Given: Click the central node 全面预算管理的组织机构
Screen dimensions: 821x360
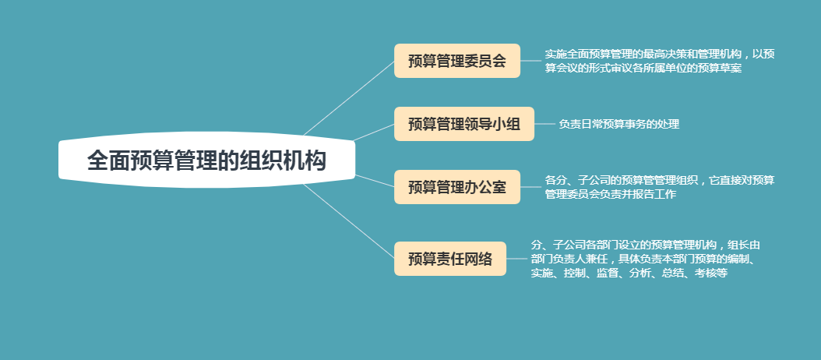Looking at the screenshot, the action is pyautogui.click(x=207, y=160).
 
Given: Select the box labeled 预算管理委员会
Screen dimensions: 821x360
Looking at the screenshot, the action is pyautogui.click(x=457, y=61).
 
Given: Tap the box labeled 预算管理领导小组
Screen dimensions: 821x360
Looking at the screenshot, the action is pyautogui.click(x=464, y=124).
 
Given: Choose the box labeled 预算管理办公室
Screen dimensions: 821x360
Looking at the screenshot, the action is pyautogui.click(x=457, y=187).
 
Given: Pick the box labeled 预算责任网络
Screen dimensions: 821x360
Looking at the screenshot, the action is pyautogui.click(x=450, y=259).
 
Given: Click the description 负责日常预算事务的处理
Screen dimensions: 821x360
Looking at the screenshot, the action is pyautogui.click(x=619, y=124).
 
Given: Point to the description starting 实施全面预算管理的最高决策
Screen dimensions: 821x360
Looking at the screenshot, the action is pyautogui.click(x=659, y=61).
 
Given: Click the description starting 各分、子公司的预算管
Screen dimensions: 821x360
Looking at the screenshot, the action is pyautogui.click(x=659, y=187).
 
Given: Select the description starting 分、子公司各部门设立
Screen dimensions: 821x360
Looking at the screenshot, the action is pyautogui.click(x=646, y=259).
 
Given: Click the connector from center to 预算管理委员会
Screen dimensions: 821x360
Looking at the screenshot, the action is pyautogui.click(x=349, y=98).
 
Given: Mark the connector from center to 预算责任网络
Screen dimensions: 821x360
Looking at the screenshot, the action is pyautogui.click(x=349, y=221).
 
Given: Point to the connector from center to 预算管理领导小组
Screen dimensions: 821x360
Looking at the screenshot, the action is pyautogui.click(x=374, y=132).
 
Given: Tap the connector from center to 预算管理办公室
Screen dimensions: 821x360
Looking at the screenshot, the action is pyautogui.click(x=375, y=181).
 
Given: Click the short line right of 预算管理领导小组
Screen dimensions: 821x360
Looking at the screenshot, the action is pyautogui.click(x=544, y=124).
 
